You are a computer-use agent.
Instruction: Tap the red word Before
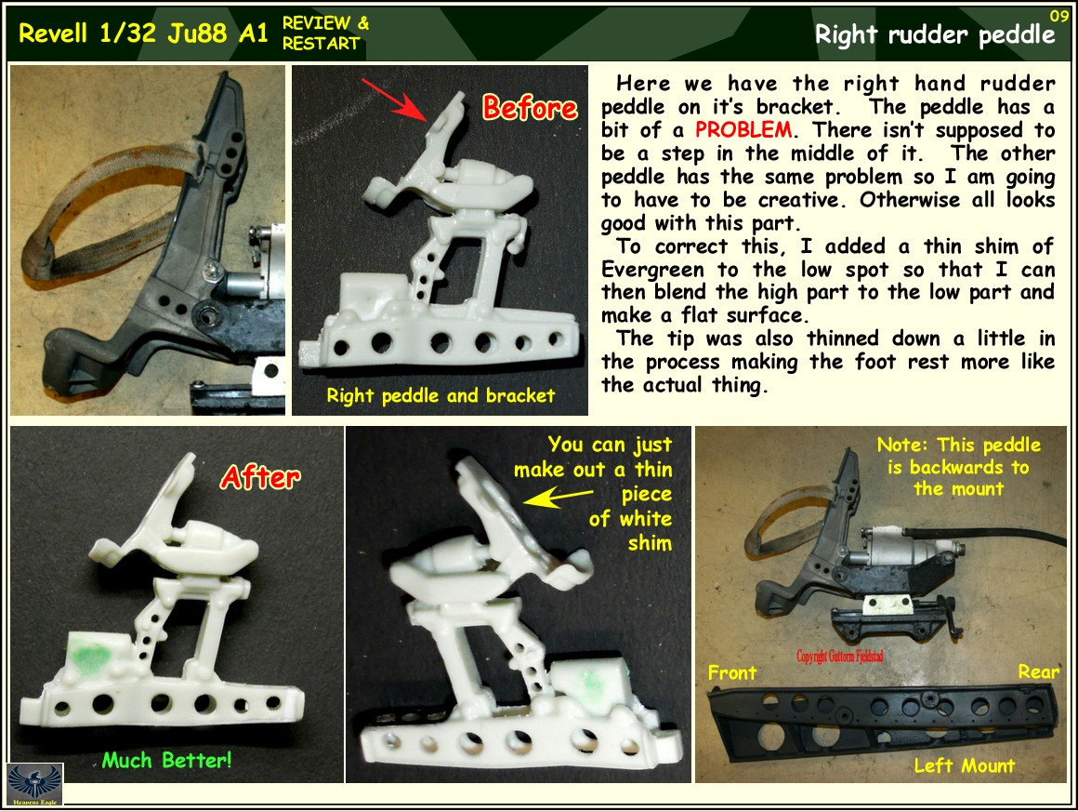click(530, 108)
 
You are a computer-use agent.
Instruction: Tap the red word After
click(260, 477)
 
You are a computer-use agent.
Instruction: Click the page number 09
click(1058, 16)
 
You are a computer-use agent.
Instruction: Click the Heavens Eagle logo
click(34, 784)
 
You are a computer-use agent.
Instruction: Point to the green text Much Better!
click(166, 761)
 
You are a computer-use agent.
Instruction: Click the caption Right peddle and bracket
click(440, 395)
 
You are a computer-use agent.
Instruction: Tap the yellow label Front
click(732, 671)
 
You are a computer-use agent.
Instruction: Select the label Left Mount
click(964, 765)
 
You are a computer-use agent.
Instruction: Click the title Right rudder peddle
click(935, 35)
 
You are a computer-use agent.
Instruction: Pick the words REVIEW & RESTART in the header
click(325, 33)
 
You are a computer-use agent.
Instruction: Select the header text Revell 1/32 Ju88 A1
click(143, 33)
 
